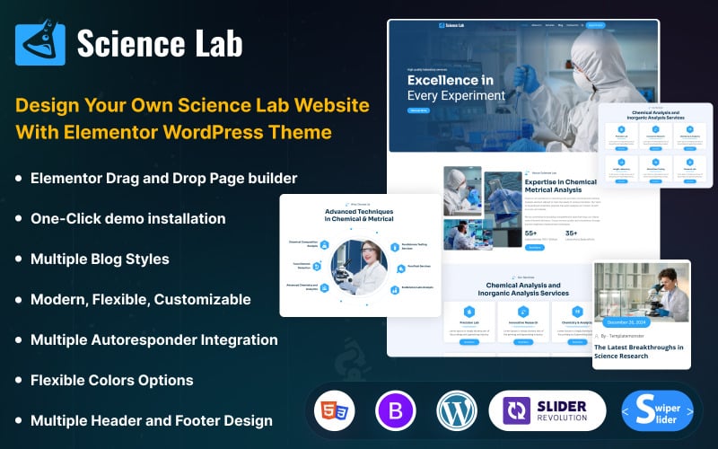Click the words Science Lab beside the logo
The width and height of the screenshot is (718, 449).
coord(159,43)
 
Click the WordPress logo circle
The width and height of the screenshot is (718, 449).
coord(457,413)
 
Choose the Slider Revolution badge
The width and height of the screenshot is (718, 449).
coord(547,413)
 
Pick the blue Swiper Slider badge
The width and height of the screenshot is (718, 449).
coord(657,413)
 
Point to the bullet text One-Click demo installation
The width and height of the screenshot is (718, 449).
coord(128,218)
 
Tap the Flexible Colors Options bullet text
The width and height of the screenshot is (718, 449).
coord(112,380)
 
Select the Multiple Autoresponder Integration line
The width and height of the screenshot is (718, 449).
coord(154,339)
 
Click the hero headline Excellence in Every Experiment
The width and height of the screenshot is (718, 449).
coord(456,87)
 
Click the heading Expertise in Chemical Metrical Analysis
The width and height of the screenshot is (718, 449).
coord(561,186)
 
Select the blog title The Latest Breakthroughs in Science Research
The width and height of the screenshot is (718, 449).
coord(640,352)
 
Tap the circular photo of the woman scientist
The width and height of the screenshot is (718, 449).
coord(358,267)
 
